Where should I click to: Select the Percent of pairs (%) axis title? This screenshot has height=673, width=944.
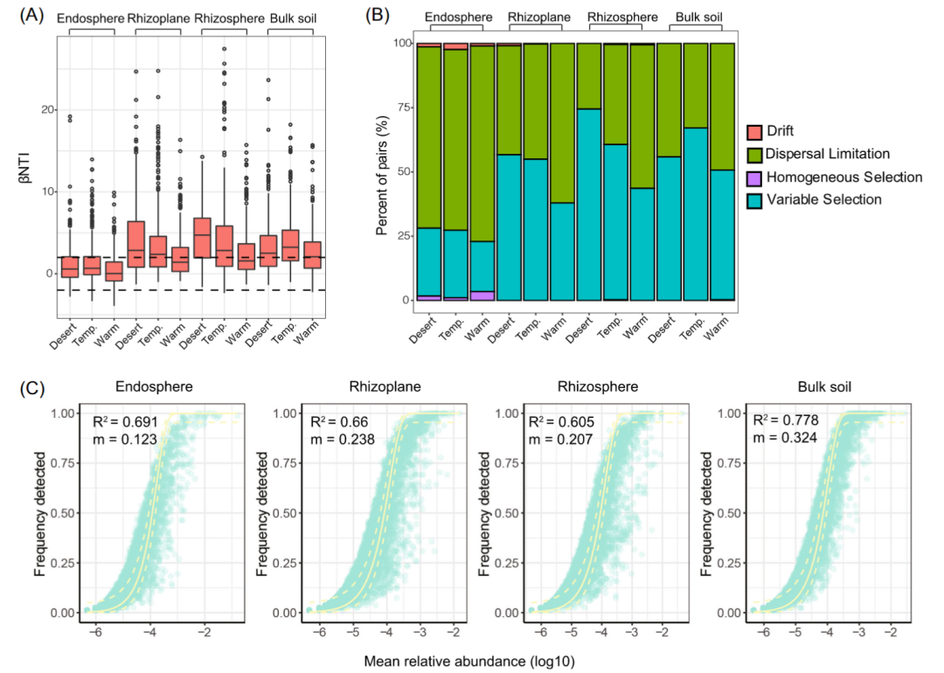382,172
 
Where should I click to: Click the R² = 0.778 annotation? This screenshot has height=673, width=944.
776,423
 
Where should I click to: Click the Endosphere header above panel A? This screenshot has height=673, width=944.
91,17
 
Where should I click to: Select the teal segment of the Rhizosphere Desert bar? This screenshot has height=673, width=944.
590,205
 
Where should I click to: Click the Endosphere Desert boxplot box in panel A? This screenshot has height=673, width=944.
70,267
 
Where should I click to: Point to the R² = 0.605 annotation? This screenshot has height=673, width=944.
558,423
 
